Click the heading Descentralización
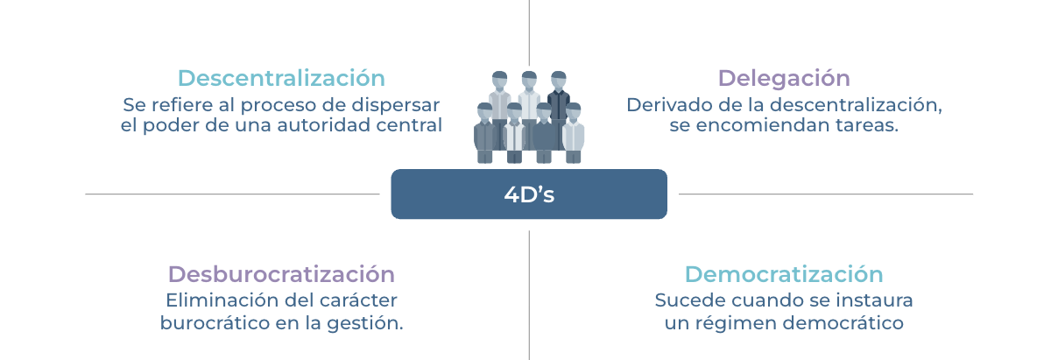click(x=281, y=78)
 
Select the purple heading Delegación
click(x=784, y=79)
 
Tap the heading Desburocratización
click(x=281, y=274)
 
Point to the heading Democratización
click(x=784, y=274)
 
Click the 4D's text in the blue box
click(x=529, y=194)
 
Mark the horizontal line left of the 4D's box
click(x=232, y=194)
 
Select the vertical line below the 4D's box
click(x=529, y=295)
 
